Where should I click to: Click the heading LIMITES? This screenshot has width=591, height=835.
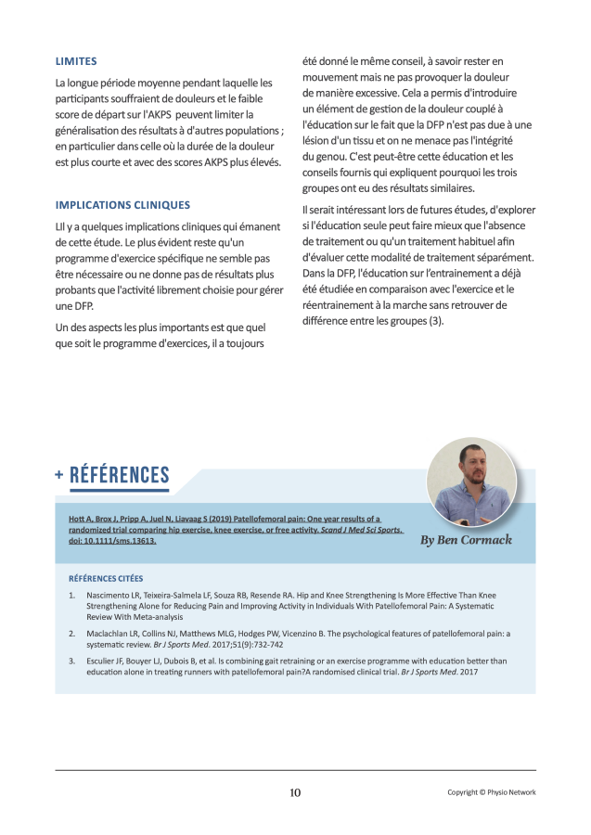76,61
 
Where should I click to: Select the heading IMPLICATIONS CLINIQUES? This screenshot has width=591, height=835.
122,205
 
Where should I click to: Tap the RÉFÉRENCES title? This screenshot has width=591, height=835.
120,476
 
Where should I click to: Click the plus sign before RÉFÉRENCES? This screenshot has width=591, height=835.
59,476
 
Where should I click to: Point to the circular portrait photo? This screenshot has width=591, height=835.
471,482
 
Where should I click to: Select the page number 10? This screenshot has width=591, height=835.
295,792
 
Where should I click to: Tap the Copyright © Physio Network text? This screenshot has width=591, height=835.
491,792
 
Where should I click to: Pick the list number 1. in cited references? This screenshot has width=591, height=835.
72,595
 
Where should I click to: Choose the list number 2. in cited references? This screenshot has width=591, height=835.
72,634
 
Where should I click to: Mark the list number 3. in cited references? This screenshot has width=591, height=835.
72,661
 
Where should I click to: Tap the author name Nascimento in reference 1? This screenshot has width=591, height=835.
109,595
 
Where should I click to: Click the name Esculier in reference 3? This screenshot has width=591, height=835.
105,661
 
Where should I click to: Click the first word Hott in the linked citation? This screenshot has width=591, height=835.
65,518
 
